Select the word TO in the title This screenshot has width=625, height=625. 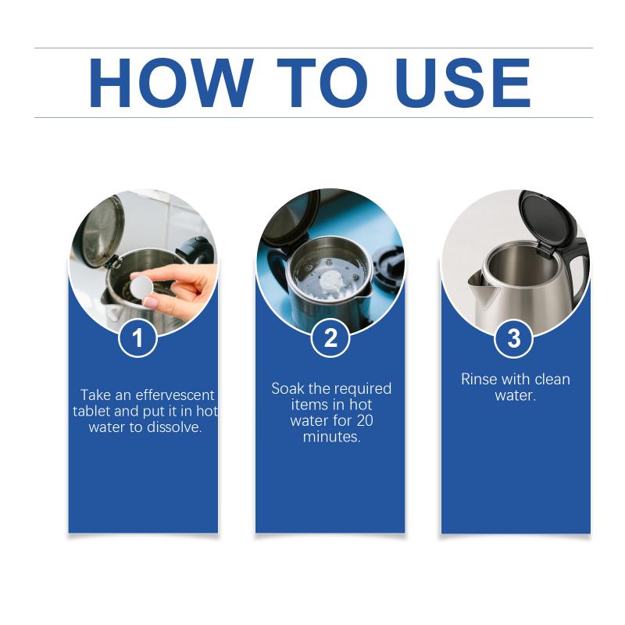(323, 83)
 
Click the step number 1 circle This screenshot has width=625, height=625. (138, 338)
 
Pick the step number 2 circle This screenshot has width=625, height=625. (330, 338)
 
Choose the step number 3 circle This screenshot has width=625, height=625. (514, 338)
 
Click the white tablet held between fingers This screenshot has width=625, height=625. (141, 286)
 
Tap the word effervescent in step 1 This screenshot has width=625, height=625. (175, 395)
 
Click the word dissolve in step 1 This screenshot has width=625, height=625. (173, 427)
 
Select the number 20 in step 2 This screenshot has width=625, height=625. (365, 420)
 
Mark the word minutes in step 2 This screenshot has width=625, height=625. (331, 437)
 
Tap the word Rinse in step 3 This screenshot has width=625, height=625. (478, 379)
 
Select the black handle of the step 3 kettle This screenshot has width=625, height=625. (578, 271)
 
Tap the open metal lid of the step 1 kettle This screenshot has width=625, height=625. (102, 231)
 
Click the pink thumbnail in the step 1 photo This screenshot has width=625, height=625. (151, 303)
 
